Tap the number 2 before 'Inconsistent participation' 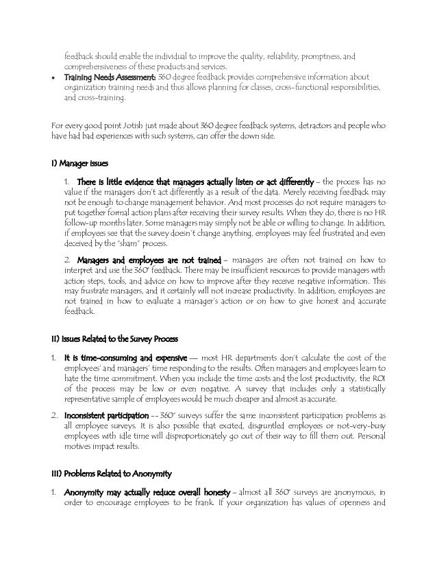(54, 417)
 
